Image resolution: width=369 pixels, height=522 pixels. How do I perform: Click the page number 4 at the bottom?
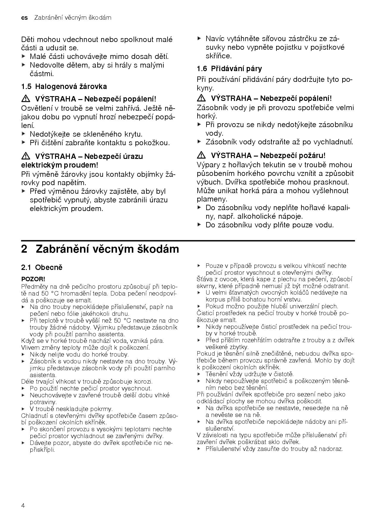coord(23,506)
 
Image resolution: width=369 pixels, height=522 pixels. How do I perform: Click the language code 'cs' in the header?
coord(24,18)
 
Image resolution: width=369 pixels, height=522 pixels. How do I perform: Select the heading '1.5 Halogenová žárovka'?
coord(64,87)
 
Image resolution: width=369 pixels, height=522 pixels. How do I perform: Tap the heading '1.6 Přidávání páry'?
coord(229,69)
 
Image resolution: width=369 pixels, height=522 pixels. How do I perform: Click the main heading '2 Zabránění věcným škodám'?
coord(100,249)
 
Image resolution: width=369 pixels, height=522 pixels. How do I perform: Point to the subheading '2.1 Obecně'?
coord(42,267)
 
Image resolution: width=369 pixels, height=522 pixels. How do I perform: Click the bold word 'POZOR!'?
coord(33,279)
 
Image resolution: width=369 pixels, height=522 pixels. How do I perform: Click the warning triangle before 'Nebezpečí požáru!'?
coord(201,155)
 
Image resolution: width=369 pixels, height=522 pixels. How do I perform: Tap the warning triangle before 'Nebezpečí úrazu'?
coord(26,156)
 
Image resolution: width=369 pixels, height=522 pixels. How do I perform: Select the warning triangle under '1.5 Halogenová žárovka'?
coord(26,99)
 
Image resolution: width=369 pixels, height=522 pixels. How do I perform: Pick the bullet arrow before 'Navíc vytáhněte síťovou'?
coord(199,39)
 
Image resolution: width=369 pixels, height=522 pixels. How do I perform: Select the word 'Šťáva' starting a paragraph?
coord(204,279)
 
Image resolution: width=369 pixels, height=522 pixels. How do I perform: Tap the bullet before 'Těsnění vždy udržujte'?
coord(199,374)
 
